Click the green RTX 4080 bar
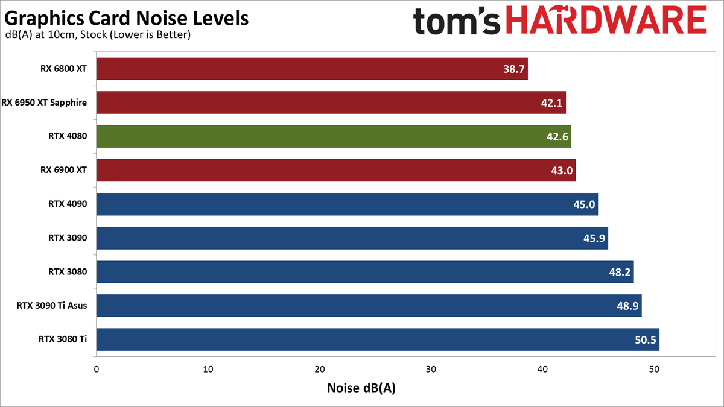click(334, 136)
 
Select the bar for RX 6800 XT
click(312, 69)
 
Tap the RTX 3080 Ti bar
click(378, 339)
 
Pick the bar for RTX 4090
click(347, 204)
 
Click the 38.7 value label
click(514, 69)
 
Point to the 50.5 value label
click(646, 340)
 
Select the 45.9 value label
click(594, 238)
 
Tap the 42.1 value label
click(551, 103)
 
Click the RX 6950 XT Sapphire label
click(44, 103)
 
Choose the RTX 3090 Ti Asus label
click(52, 305)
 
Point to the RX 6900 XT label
click(64, 170)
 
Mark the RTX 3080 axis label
click(68, 272)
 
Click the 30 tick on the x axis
click(431, 369)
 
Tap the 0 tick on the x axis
click(97, 369)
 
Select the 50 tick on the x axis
click(654, 369)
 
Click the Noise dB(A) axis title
click(361, 388)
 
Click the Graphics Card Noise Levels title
click(126, 18)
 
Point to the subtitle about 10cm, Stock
click(98, 34)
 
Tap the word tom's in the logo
click(456, 21)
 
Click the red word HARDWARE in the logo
click(606, 21)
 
